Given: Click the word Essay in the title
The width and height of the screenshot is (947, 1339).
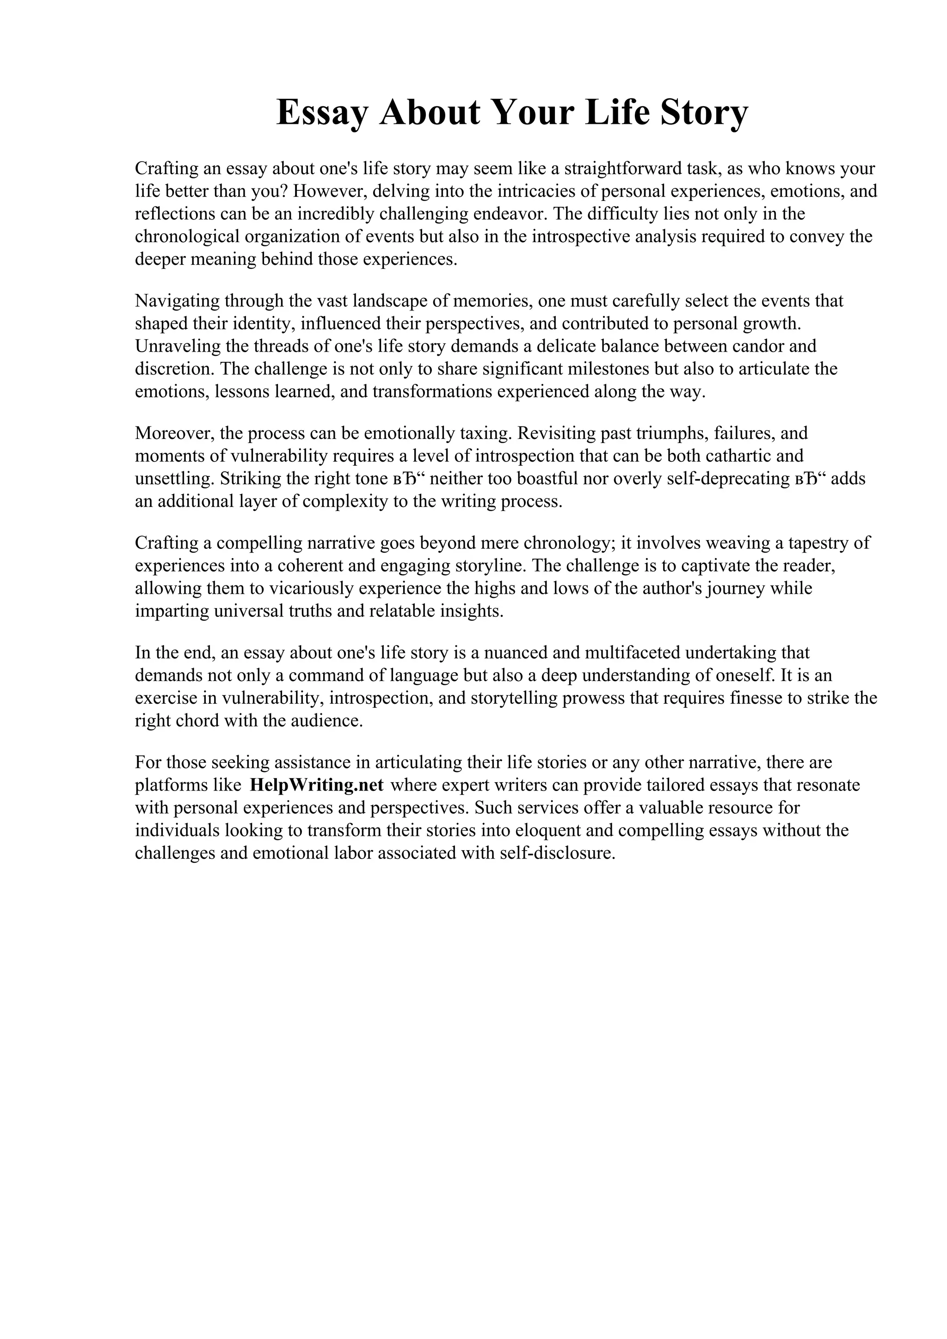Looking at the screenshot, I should point(323,113).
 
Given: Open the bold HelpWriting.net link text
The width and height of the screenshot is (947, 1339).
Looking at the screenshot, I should point(316,785).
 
